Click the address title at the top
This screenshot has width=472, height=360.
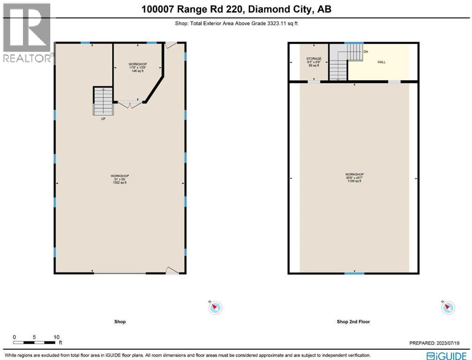(x=236, y=9)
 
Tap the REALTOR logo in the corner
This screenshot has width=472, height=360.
(x=27, y=33)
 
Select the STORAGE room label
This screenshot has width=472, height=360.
(x=314, y=62)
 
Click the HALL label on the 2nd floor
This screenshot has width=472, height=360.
(x=382, y=62)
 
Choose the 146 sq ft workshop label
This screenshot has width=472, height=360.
(x=138, y=67)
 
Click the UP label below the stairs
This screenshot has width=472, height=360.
(x=103, y=119)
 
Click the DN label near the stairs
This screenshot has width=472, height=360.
(x=366, y=51)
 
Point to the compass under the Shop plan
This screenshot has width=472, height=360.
(x=215, y=307)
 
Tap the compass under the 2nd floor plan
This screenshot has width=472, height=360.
(x=448, y=307)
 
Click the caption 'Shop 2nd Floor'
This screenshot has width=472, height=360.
(x=354, y=322)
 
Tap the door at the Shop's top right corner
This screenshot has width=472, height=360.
(x=171, y=45)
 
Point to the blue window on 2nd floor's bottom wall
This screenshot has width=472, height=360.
(x=354, y=273)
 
